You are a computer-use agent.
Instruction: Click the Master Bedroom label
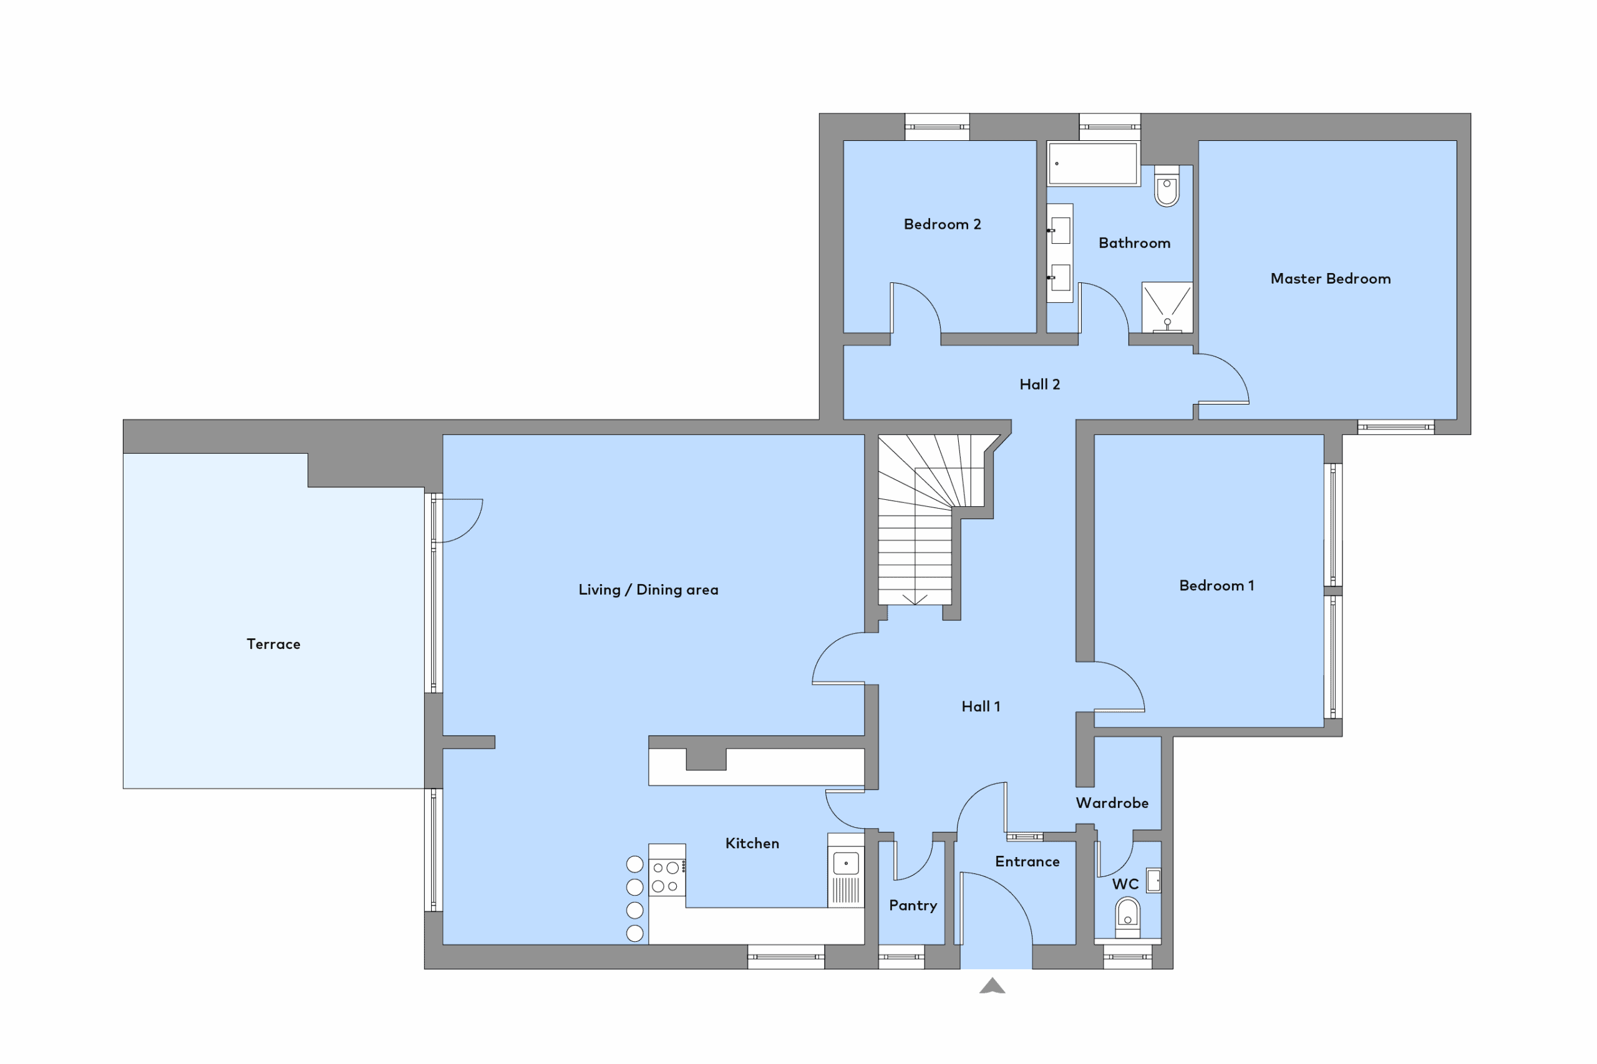pos(1330,278)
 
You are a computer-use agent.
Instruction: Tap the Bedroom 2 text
pos(943,224)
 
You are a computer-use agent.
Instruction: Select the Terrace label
pos(273,644)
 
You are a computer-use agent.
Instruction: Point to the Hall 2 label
pos(1039,384)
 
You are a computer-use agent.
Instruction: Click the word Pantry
pos(913,905)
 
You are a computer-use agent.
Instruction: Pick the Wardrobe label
pos(1112,803)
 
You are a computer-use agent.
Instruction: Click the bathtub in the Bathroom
pos(1093,163)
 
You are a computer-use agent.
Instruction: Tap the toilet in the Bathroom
pos(1167,186)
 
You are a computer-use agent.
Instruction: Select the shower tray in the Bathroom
pos(1167,307)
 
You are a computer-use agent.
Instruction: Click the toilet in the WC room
pos(1128,918)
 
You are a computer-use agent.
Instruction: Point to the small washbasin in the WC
pos(1153,881)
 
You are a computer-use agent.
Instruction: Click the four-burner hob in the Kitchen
pos(666,877)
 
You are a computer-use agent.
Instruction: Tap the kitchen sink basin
pos(846,864)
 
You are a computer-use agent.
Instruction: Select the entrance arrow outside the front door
pos(992,986)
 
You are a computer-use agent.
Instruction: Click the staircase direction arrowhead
pos(915,598)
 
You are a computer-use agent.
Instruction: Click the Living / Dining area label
pos(648,590)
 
